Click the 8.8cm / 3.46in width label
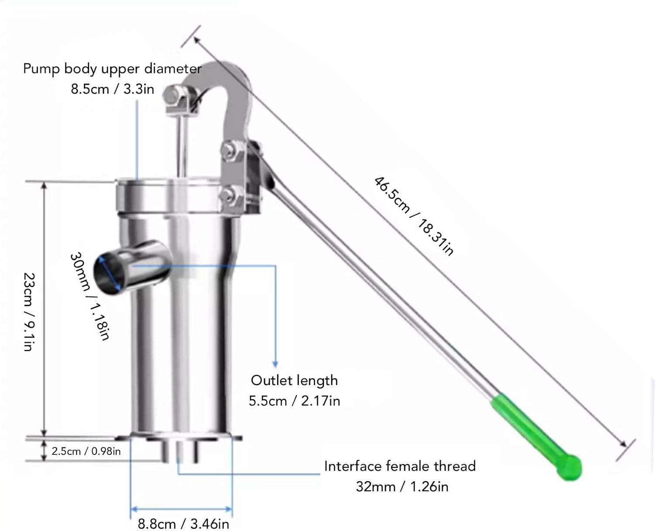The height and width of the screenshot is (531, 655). (x=183, y=523)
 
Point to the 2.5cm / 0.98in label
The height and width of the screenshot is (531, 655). (x=86, y=451)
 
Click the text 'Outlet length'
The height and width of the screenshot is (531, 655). (x=294, y=380)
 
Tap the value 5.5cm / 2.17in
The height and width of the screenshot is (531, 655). (x=294, y=401)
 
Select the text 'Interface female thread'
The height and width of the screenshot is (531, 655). (x=400, y=466)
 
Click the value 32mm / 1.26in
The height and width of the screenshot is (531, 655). (x=402, y=486)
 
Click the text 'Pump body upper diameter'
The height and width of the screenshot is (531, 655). (x=112, y=69)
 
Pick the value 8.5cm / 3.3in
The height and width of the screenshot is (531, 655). (x=112, y=89)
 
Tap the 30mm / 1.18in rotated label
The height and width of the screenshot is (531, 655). (x=89, y=295)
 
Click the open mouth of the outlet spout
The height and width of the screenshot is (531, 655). (x=107, y=274)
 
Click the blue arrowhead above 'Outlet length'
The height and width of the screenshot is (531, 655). (x=275, y=364)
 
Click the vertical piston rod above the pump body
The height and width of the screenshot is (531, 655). (x=180, y=144)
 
